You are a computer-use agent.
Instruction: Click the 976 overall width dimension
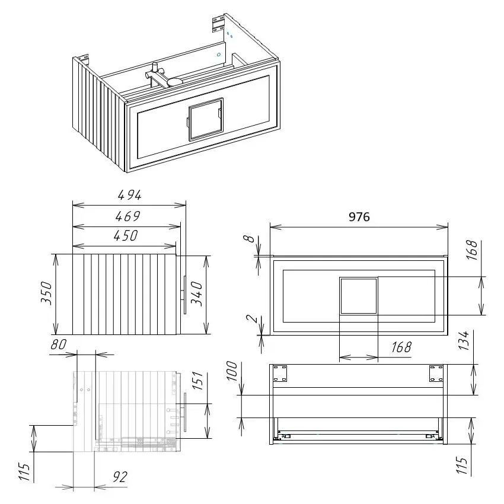coord(359,217)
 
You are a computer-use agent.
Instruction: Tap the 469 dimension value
coord(127,216)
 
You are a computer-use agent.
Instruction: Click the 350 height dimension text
coord(47,293)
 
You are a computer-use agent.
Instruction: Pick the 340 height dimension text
coord(197,293)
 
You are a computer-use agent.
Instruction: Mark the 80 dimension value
coord(58,344)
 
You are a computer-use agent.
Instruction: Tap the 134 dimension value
coord(464,341)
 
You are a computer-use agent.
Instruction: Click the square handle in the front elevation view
coord(358,295)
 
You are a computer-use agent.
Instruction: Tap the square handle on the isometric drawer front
coord(205,119)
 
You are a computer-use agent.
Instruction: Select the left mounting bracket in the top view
coord(279,374)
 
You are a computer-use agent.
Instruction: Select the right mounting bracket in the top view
coord(436,374)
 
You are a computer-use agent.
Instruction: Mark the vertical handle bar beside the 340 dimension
coord(185,295)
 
